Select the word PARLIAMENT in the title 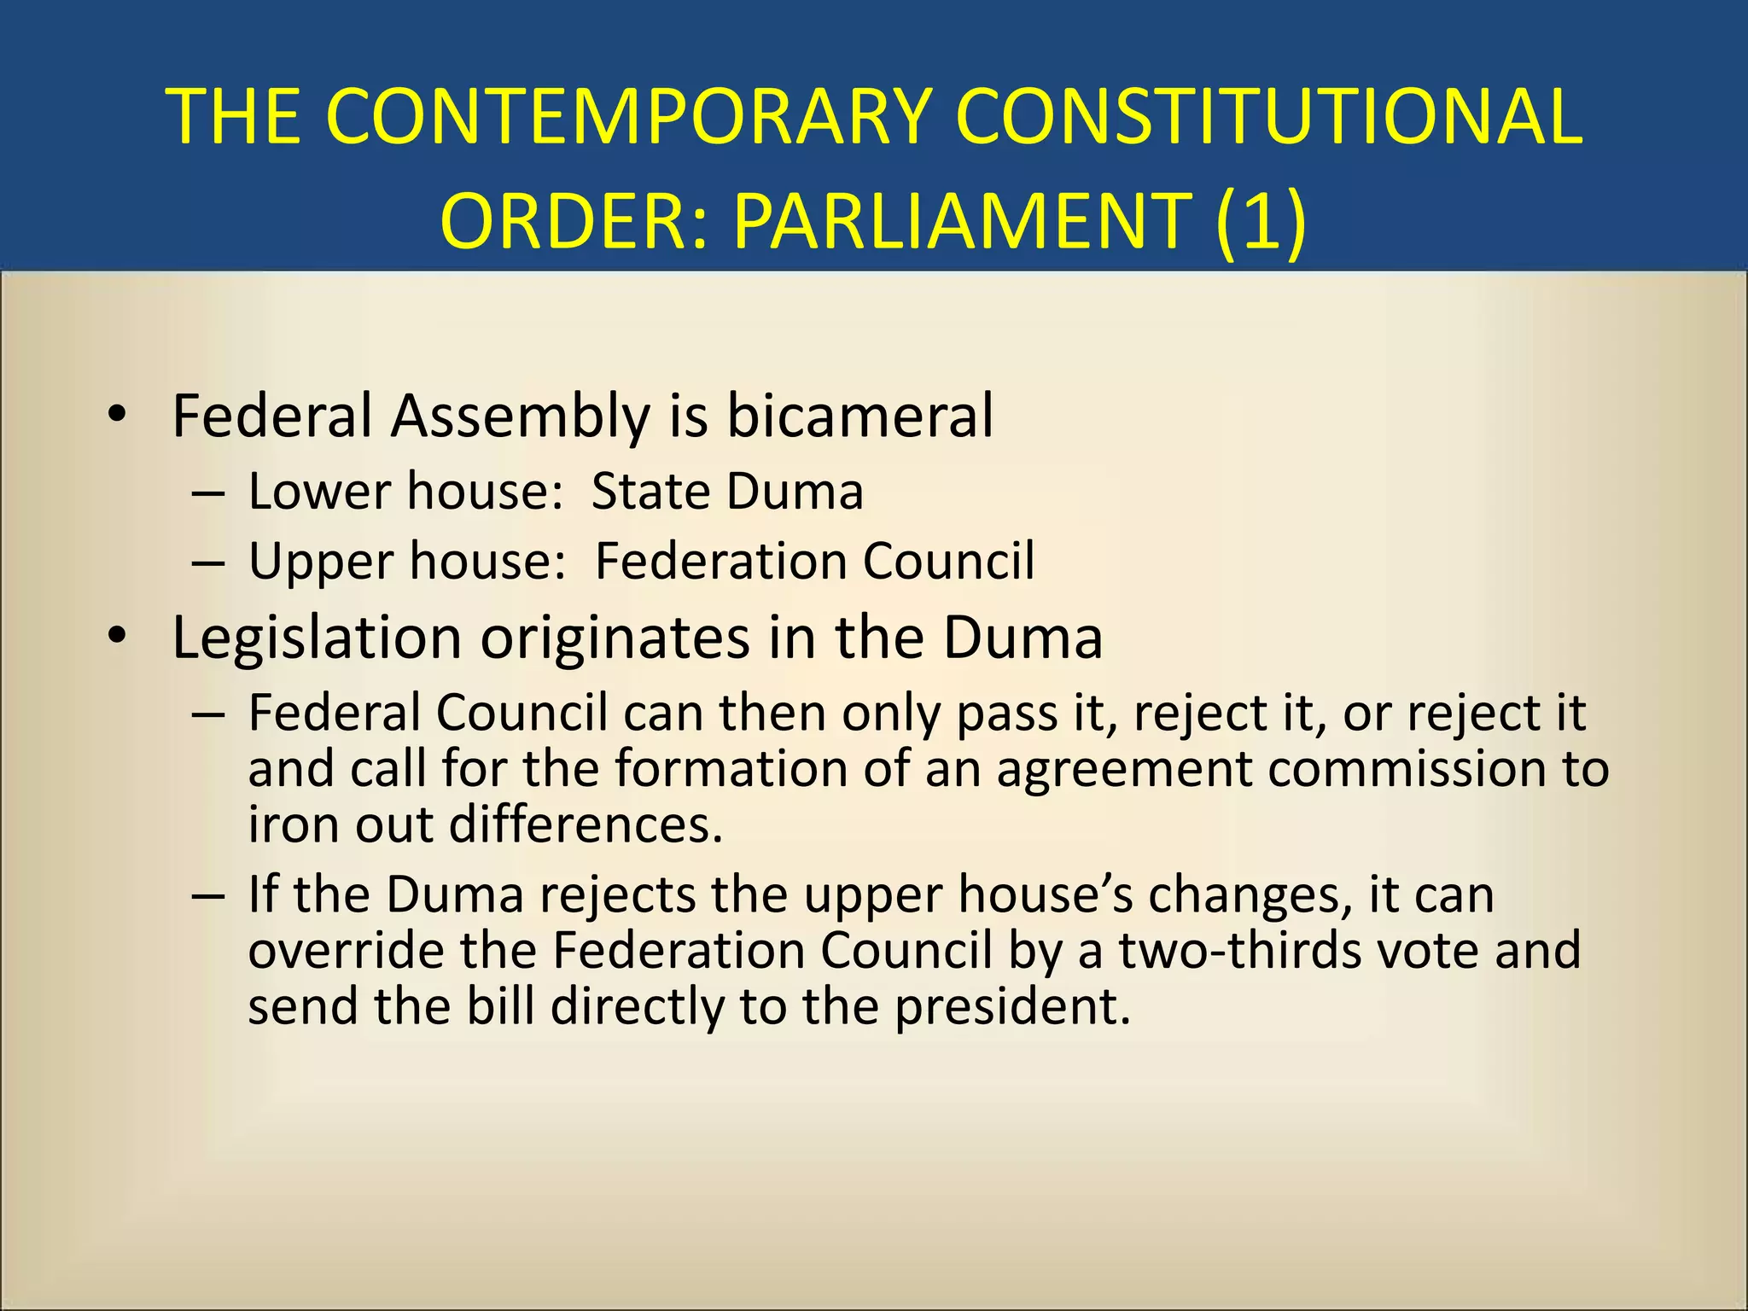961,220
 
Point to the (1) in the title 1261,220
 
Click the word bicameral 859,416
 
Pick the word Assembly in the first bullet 521,416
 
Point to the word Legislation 317,638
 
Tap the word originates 615,638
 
